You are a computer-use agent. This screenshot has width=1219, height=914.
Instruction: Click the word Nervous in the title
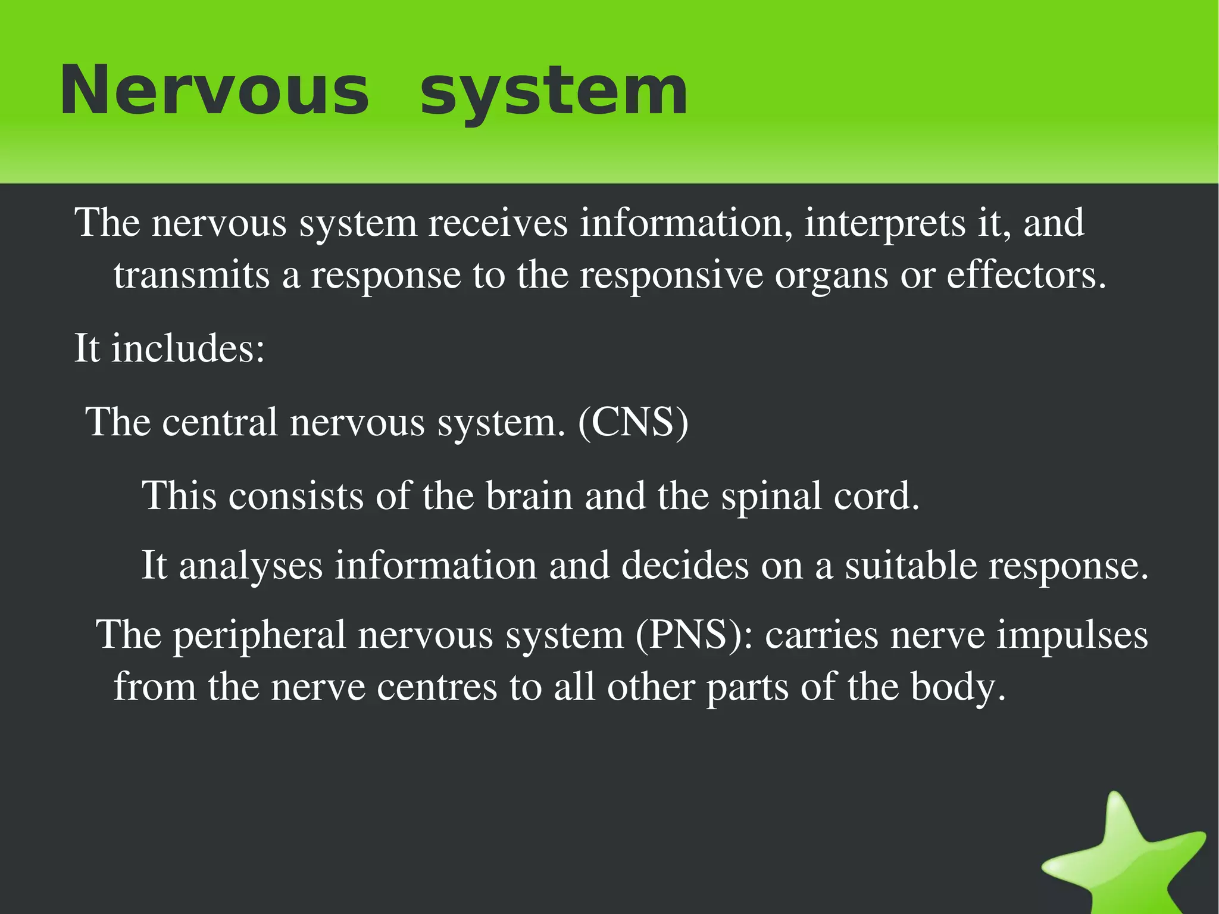(214, 91)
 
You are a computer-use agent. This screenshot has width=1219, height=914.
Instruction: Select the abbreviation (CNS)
(633, 422)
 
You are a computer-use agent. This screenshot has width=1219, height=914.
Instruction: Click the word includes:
(187, 348)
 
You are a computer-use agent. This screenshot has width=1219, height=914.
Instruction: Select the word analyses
(251, 566)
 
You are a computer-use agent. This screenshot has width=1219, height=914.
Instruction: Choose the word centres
(437, 687)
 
